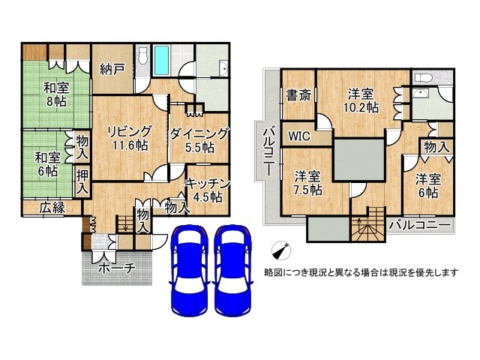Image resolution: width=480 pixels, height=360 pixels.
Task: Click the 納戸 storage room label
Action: tap(112, 70)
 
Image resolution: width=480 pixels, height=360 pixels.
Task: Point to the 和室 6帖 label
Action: tap(46, 163)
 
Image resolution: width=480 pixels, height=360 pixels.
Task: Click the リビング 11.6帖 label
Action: tap(128, 137)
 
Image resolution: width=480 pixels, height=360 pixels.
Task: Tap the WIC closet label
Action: tap(300, 136)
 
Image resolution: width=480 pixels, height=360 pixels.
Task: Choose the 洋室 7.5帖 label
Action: tap(307, 183)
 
